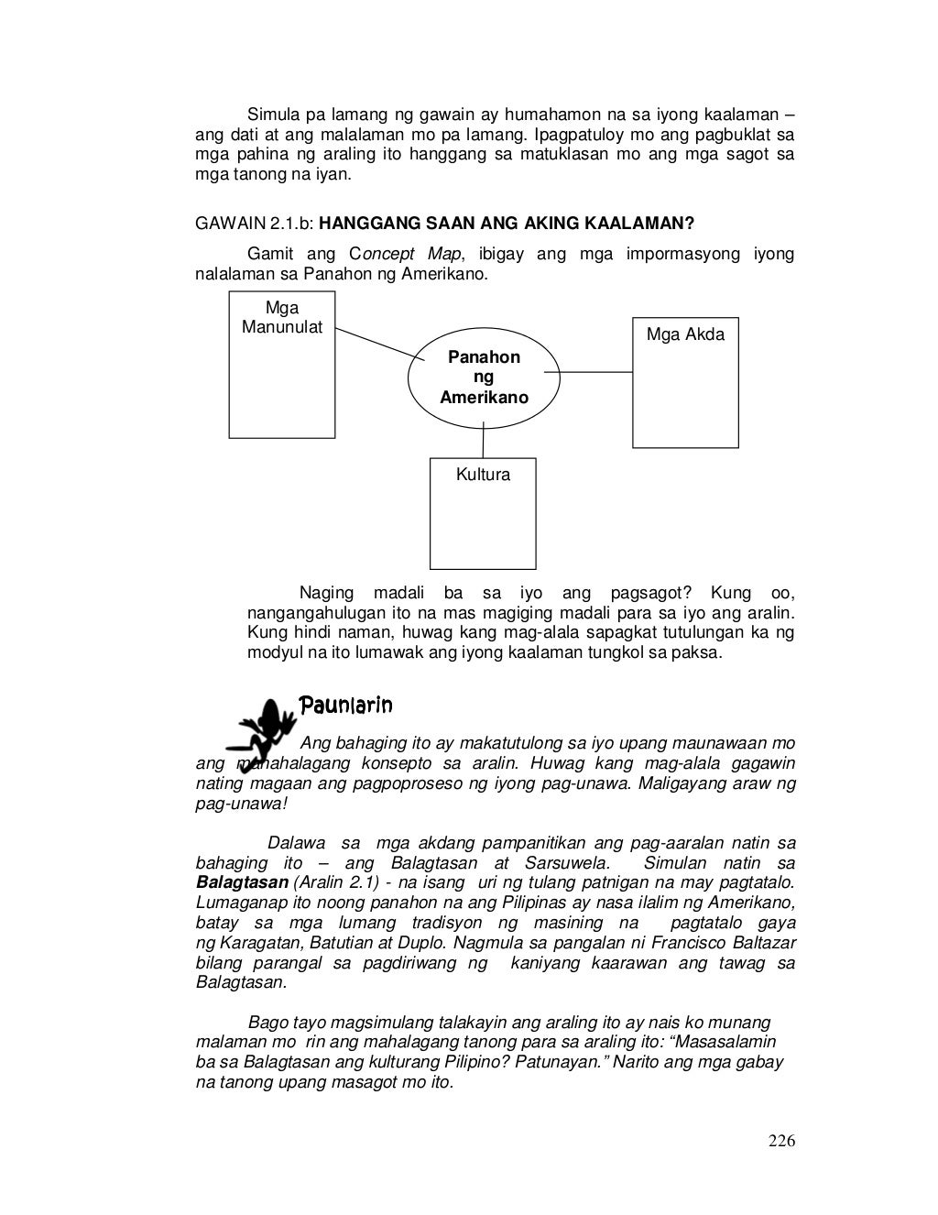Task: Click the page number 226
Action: tap(781, 1141)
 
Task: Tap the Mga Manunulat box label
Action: tap(281, 318)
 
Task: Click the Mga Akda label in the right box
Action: tap(685, 334)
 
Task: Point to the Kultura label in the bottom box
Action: tap(483, 475)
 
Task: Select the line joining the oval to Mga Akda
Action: tap(595, 372)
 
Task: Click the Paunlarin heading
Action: tap(346, 705)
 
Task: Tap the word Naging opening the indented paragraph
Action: tap(326, 593)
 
